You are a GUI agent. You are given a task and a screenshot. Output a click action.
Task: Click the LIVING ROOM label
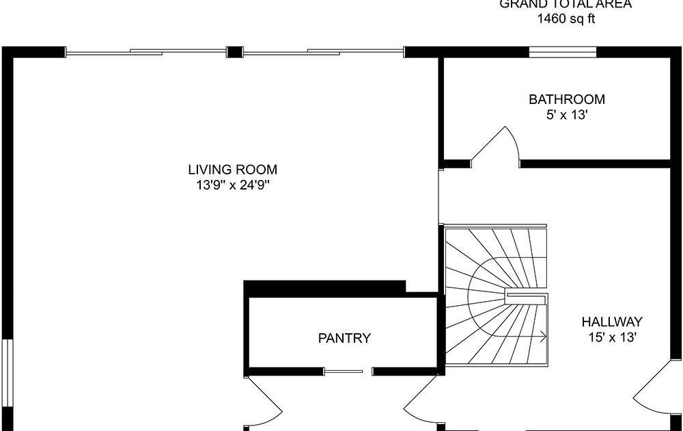[x=233, y=170]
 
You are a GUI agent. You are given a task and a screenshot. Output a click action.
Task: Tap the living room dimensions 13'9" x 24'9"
[x=233, y=185]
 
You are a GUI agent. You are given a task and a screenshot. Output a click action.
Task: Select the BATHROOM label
[x=566, y=99]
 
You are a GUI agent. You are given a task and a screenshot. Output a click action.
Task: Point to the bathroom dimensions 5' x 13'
[x=566, y=115]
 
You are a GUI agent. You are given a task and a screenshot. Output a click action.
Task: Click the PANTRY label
[x=344, y=338]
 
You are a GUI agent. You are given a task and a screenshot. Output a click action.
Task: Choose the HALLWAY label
[x=612, y=322]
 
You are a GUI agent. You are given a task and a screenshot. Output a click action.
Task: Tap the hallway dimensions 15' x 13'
[x=612, y=337]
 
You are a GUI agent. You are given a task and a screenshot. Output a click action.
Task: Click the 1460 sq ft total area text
[x=566, y=19]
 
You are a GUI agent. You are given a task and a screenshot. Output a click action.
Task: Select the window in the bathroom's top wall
[x=563, y=51]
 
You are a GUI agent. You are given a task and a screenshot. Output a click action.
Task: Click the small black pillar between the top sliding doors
[x=234, y=51]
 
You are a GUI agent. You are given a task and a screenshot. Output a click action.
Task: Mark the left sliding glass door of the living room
[x=146, y=51]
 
